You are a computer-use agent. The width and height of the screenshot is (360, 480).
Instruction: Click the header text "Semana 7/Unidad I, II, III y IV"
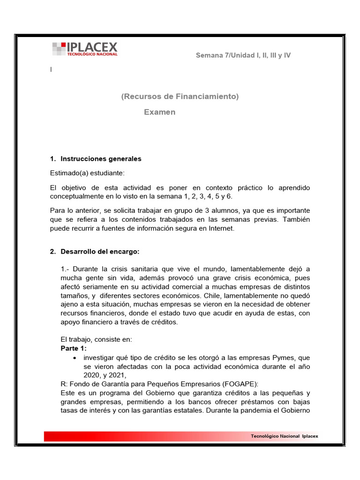(x=243, y=55)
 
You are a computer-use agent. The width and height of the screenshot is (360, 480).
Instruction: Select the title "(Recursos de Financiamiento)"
(x=180, y=97)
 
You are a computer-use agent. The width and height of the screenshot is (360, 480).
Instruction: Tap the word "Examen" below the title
(x=159, y=112)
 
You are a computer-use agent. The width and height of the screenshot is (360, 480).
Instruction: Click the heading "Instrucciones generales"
(x=101, y=159)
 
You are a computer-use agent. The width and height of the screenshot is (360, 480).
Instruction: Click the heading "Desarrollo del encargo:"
(x=100, y=252)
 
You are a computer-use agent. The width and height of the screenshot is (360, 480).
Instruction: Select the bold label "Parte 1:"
(x=74, y=349)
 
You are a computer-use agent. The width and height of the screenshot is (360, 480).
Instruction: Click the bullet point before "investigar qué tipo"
(x=75, y=358)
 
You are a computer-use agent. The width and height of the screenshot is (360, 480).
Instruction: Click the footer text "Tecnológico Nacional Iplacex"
(x=284, y=436)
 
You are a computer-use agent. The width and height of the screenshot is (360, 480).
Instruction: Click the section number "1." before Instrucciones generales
(x=53, y=159)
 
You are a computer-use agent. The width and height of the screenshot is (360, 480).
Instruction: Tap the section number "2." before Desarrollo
(x=53, y=252)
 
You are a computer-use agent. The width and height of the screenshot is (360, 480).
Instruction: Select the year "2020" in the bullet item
(x=92, y=375)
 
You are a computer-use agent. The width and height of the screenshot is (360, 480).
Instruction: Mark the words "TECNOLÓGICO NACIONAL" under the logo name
(x=92, y=54)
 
